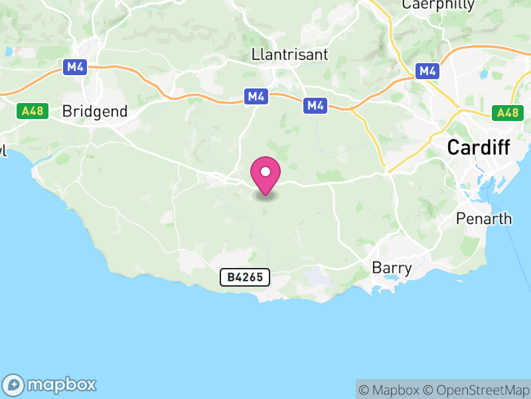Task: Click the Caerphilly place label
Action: point(439,5)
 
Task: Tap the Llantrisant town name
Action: point(290,55)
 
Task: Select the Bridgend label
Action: point(94,112)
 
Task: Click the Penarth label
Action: point(485,219)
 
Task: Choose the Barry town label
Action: point(392,269)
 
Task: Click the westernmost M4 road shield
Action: point(73,67)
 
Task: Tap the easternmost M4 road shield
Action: point(427,71)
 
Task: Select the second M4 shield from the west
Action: point(256,97)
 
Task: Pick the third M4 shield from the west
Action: point(315,105)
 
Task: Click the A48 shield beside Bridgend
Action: point(32,111)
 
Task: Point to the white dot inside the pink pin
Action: point(265,172)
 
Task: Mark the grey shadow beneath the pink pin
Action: point(265,196)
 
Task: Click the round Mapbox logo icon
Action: point(15,384)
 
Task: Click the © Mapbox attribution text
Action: point(390,390)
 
